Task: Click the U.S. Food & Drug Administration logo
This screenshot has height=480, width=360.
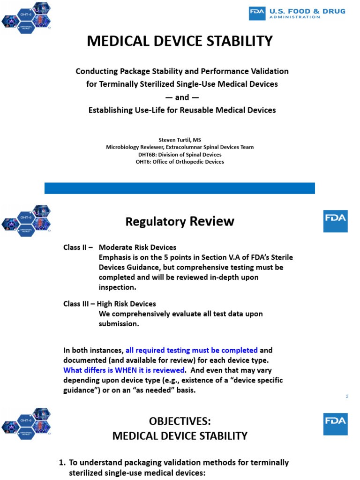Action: coord(297,13)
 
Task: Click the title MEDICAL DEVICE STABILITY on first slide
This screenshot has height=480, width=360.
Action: coord(180,41)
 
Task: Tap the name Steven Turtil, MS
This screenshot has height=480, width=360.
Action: coord(180,140)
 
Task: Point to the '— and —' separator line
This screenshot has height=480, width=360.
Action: coord(182,97)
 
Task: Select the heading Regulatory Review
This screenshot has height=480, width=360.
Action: coord(180,221)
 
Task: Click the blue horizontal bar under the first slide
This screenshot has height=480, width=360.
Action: coord(180,188)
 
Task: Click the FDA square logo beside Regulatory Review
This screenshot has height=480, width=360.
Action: coord(336,221)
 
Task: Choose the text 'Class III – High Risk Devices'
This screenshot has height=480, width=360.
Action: coord(110,304)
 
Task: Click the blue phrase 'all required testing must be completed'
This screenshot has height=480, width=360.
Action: coord(192,350)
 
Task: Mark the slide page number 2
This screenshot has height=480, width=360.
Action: coord(347,397)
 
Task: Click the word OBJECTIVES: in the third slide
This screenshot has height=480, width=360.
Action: coord(180,421)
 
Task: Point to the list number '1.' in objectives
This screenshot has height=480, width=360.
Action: coord(62,463)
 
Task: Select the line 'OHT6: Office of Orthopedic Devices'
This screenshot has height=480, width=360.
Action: coord(180,162)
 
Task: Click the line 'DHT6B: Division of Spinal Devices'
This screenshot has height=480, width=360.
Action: coord(180,155)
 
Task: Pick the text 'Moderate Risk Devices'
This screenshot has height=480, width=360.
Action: coord(137,247)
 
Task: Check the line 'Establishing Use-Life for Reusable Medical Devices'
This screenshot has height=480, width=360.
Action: coord(182,110)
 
